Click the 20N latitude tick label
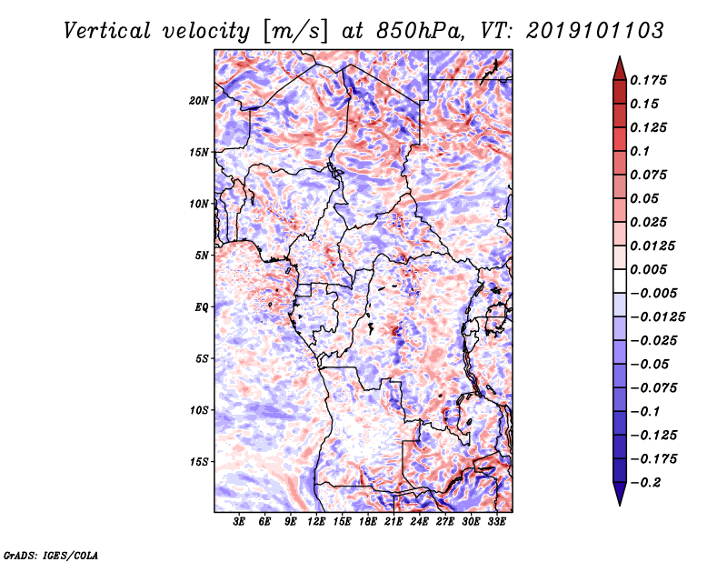199,101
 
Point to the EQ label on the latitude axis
202,307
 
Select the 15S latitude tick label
199,462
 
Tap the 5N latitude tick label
202,256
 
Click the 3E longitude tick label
239,522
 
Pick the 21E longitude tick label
393,522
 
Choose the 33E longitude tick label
496,522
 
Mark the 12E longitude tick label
316,522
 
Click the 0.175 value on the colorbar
648,80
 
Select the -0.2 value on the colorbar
645,483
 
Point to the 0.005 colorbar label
648,269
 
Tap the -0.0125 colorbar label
657,317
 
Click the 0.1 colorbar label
640,151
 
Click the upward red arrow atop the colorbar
620,68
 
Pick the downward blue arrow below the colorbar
620,494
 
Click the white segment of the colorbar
620,281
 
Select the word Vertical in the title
107,31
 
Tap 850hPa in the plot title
420,31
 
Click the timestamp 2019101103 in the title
595,31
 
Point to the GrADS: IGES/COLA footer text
51,556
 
